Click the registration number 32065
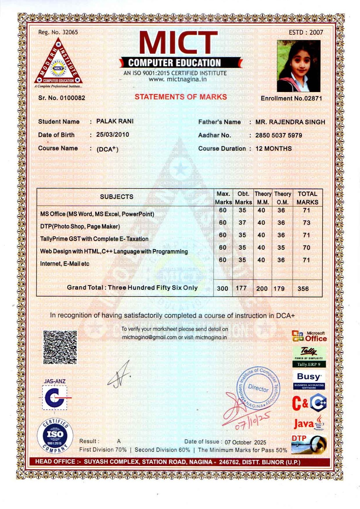click(x=70, y=32)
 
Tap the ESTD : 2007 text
click(x=306, y=32)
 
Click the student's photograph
click(x=299, y=66)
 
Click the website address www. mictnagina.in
click(x=178, y=79)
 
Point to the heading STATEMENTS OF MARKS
click(x=181, y=97)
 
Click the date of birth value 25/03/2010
click(x=113, y=134)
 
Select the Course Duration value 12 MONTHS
click(x=273, y=149)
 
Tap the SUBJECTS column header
click(x=117, y=197)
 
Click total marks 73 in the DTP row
click(x=306, y=223)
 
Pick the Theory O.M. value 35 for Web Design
click(x=281, y=248)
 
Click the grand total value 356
click(x=303, y=289)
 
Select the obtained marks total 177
click(x=241, y=288)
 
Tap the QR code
click(x=60, y=347)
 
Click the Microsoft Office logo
click(x=309, y=337)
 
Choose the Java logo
click(x=309, y=424)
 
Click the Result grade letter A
click(x=119, y=441)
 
